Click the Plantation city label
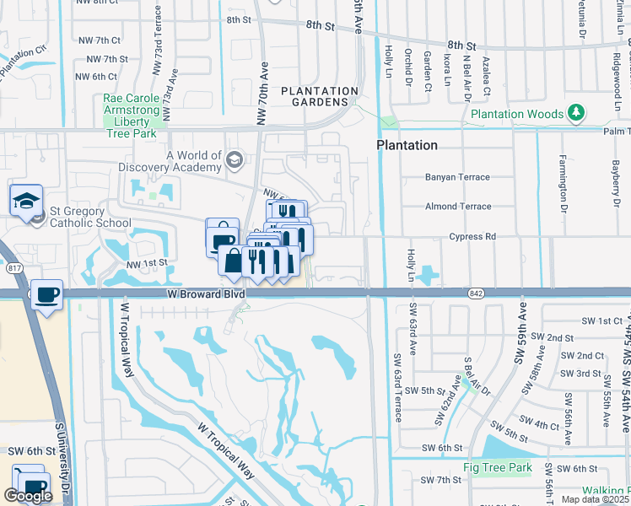[407, 145]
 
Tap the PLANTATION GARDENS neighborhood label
[320, 98]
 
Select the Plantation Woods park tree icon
[577, 112]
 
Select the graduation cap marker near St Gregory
[26, 200]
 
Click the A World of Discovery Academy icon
[234, 159]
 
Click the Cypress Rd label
[472, 237]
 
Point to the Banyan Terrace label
[458, 178]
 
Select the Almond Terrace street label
[458, 207]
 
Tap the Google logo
[27, 496]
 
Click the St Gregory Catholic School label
[78, 218]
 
